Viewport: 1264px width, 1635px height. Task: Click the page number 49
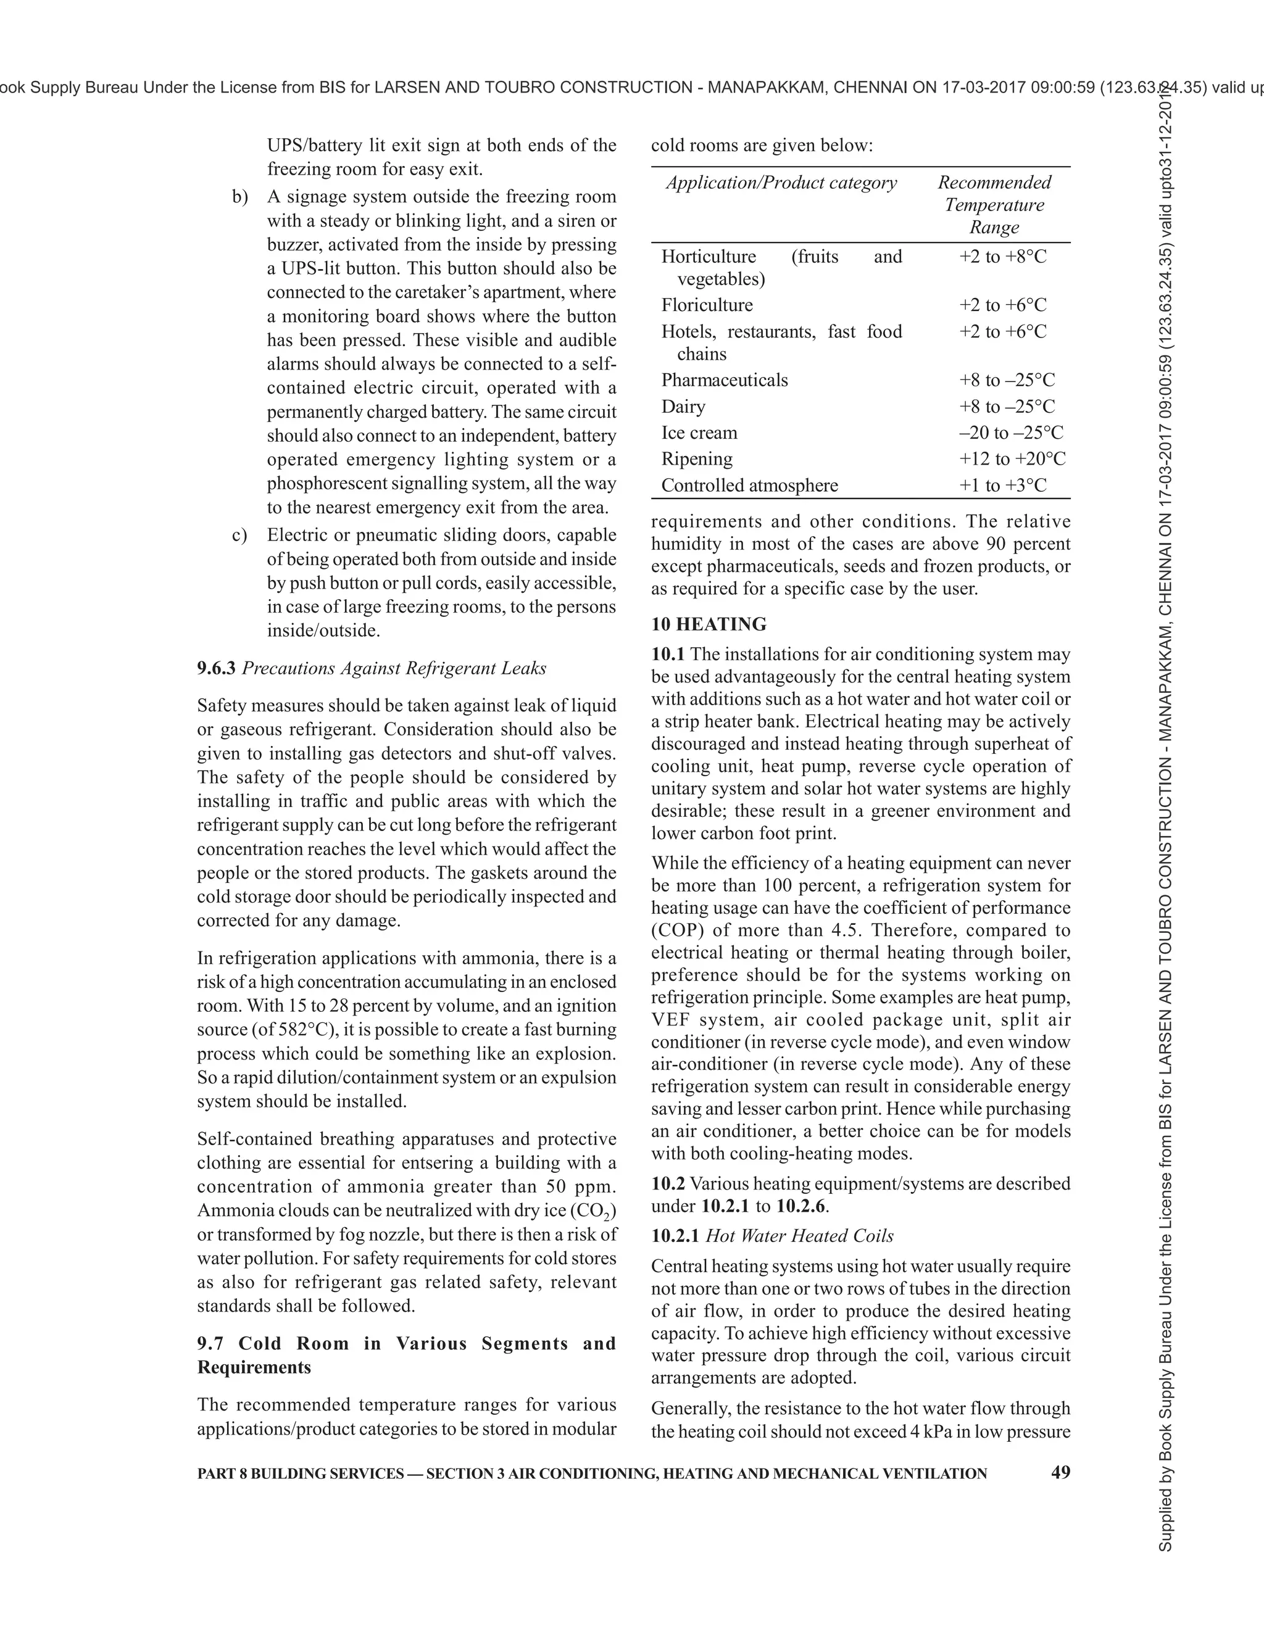[x=1060, y=1471]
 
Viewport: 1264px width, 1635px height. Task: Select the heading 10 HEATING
[x=709, y=624]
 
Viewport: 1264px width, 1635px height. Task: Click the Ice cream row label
[x=699, y=433]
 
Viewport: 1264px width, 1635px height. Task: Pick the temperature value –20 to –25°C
[x=1011, y=433]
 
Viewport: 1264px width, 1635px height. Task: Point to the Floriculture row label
[x=706, y=305]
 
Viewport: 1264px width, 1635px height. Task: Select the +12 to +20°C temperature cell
[x=1012, y=459]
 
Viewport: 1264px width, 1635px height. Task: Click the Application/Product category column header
[x=781, y=183]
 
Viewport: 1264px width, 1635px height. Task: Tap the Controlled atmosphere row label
[x=749, y=485]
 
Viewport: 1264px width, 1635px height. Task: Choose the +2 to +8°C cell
[x=1003, y=257]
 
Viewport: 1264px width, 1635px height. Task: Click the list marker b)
[x=239, y=197]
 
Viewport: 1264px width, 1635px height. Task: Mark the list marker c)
[x=239, y=536]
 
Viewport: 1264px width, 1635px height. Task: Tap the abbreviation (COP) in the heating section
[x=678, y=930]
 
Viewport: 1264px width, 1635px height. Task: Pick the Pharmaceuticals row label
[x=724, y=380]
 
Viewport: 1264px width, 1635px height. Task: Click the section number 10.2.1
[x=675, y=1236]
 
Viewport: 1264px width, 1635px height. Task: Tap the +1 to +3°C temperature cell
[x=1003, y=485]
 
